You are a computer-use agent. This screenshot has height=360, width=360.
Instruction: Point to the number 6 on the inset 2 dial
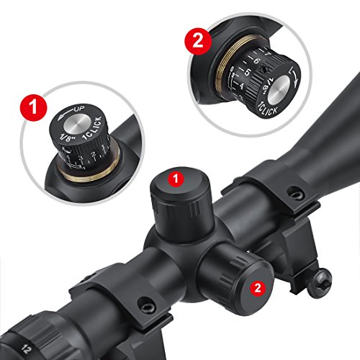click(256, 63)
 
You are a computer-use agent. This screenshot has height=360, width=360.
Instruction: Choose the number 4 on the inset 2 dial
click(241, 87)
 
